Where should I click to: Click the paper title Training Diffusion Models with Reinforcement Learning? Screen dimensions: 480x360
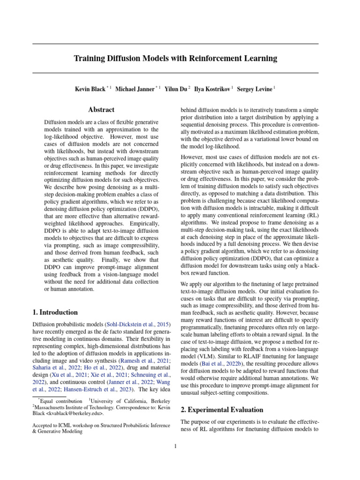coord(175,59)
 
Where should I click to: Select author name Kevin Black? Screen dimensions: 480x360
coord(90,89)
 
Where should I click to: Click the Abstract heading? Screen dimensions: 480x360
coord(101,110)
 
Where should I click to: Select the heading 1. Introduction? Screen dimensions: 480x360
coord(55,312)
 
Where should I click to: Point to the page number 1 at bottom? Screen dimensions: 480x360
coord(175,446)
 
